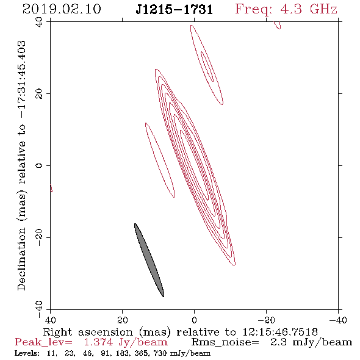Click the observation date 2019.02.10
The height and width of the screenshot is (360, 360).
click(x=62, y=9)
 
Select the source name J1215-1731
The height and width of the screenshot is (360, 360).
click(x=175, y=10)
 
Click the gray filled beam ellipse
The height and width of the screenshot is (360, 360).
click(x=149, y=260)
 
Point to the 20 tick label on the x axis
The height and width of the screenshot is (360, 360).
click(x=122, y=320)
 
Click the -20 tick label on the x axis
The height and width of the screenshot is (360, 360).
click(x=266, y=320)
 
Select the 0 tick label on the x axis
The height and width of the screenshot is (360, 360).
click(x=194, y=320)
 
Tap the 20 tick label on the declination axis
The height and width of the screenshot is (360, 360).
click(x=39, y=94)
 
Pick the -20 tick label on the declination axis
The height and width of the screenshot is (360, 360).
click(x=39, y=237)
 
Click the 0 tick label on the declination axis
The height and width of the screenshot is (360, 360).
click(x=39, y=165)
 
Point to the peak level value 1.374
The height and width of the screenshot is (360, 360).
click(x=98, y=342)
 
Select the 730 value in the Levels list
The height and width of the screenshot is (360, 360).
click(x=162, y=353)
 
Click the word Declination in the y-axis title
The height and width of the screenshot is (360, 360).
click(x=21, y=259)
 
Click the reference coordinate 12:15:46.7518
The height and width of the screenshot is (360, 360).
click(x=280, y=332)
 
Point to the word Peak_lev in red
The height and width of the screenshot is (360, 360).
click(x=43, y=342)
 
